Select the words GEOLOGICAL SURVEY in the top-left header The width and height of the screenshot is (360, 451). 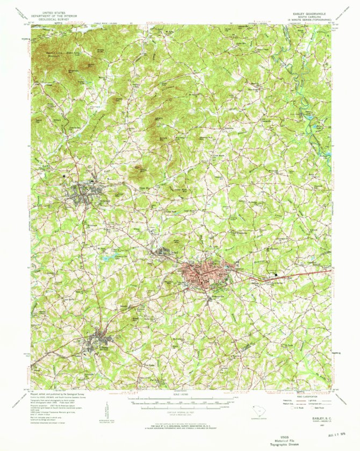[x=54, y=16]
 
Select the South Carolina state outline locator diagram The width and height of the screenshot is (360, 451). [x=260, y=412]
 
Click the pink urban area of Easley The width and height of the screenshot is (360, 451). [x=201, y=275]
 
